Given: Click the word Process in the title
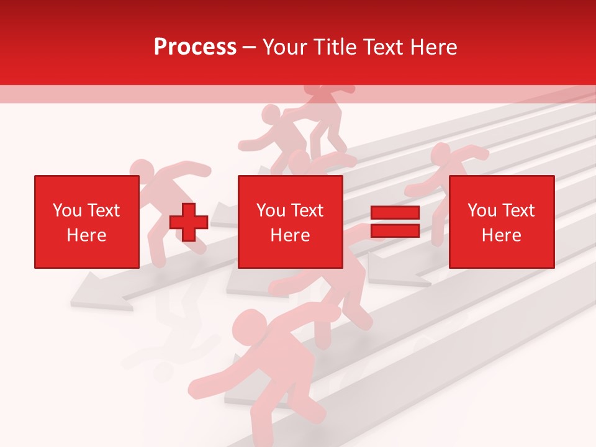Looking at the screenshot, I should pyautogui.click(x=195, y=47).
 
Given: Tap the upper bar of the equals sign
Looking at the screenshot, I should pyautogui.click(x=395, y=213).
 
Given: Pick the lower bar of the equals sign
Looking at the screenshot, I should pyautogui.click(x=395, y=231).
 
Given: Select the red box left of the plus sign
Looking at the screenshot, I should pyautogui.click(x=86, y=222).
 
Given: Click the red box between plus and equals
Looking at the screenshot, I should pyautogui.click(x=290, y=222).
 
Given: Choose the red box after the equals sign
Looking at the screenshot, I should pyautogui.click(x=501, y=222).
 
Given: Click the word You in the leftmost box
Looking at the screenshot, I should pyautogui.click(x=66, y=210).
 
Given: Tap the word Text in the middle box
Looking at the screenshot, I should pyautogui.click(x=308, y=210).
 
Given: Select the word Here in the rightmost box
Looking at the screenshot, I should pyautogui.click(x=501, y=235).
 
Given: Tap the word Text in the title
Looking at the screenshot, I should pyautogui.click(x=381, y=47).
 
